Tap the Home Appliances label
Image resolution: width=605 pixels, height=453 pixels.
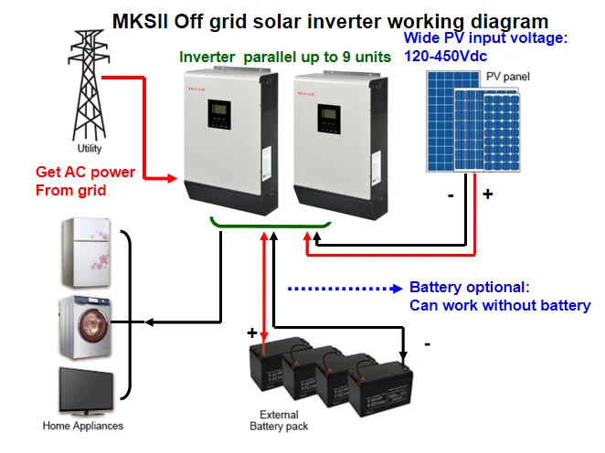[83, 426]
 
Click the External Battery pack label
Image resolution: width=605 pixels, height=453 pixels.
[280, 420]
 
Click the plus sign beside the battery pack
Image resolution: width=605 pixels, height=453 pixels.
[252, 334]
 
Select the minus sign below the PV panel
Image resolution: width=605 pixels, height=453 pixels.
[451, 195]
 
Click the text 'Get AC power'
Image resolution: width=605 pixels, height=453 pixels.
[85, 172]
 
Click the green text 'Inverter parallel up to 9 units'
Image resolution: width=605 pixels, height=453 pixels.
[285, 57]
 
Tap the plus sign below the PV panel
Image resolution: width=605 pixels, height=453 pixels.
[487, 195]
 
